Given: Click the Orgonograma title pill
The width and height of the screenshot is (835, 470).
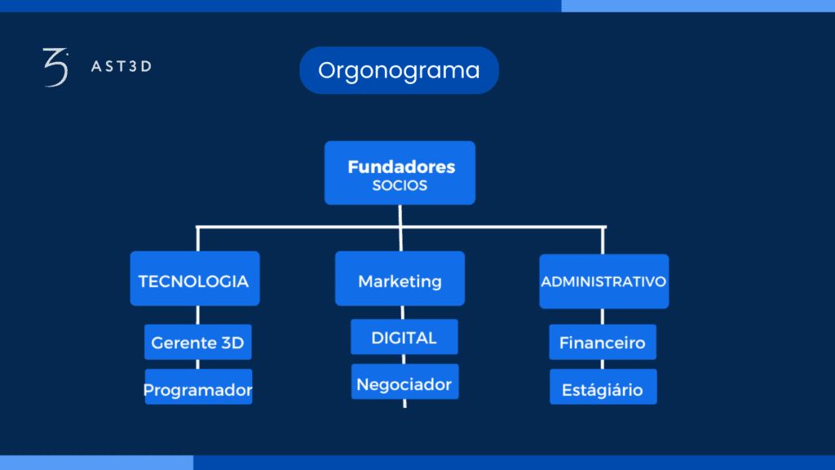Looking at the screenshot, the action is click(x=399, y=70).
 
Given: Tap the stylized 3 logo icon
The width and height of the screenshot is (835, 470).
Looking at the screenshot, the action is click(x=56, y=67).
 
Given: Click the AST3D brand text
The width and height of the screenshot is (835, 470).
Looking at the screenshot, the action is click(x=121, y=66).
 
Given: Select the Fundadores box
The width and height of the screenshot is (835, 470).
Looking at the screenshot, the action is click(x=400, y=173).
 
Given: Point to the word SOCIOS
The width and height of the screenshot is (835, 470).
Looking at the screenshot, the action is click(x=400, y=185).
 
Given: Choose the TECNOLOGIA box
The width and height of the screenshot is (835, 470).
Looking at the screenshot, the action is click(x=195, y=278).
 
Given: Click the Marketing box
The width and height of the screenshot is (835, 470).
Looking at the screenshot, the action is click(x=400, y=278).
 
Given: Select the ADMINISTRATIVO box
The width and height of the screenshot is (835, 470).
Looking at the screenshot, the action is click(x=604, y=282).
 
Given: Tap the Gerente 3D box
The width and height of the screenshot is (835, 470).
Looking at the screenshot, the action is click(x=198, y=342).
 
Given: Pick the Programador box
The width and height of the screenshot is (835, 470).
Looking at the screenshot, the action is click(x=199, y=386).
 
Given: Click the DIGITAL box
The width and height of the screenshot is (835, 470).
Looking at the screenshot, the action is click(x=404, y=337).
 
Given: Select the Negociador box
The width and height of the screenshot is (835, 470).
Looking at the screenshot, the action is click(x=404, y=382).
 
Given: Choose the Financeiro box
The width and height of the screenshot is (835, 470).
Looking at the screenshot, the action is click(x=603, y=342).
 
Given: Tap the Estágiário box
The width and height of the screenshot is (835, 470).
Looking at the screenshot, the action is click(x=603, y=386).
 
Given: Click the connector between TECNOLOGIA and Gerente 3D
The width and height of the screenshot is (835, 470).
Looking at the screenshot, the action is click(x=197, y=315).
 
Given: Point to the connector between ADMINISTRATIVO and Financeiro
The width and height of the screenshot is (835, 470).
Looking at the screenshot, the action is click(x=603, y=317).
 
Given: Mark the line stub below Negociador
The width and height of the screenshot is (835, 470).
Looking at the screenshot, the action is click(x=404, y=403).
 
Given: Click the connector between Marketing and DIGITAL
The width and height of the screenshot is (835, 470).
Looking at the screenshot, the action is click(x=403, y=313).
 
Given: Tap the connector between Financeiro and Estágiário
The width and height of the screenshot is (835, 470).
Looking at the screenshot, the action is click(x=603, y=365).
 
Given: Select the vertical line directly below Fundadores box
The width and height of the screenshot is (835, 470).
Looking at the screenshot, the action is click(x=400, y=215).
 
